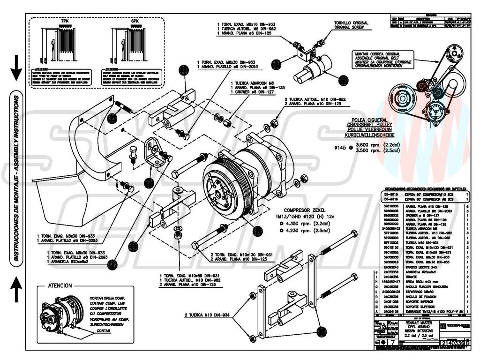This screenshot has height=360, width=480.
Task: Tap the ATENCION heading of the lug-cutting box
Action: pyautogui.click(x=60, y=285)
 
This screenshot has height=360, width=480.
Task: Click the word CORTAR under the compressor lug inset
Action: pyautogui.click(x=104, y=330)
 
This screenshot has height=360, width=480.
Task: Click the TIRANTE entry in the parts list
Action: pyautogui.click(x=404, y=277)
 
